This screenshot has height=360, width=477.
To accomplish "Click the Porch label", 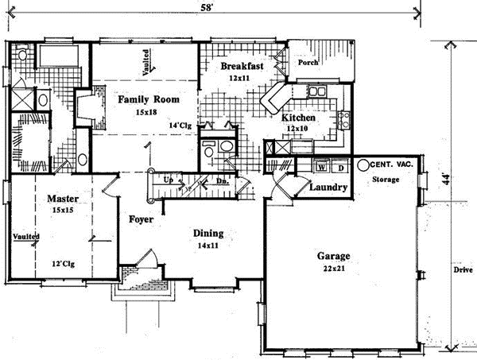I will pos(308,60).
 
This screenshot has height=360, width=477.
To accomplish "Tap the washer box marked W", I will pos(322,168).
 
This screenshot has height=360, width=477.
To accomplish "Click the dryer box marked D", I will pos(339,168).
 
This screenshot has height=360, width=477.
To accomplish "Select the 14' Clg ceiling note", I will pos(181,125).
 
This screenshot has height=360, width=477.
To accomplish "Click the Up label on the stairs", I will pos(168,181).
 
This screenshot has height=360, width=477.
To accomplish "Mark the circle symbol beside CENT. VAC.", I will pos(362,165).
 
